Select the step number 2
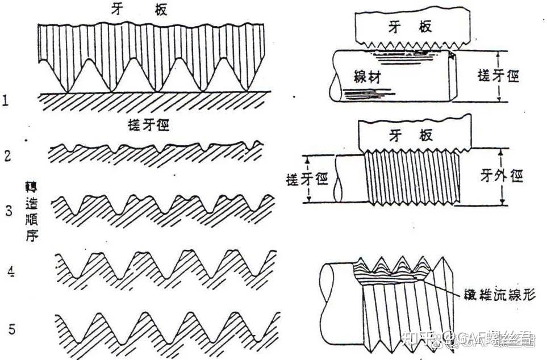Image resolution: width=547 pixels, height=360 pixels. [x=7, y=156]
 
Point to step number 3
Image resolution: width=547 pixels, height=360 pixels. [x=9, y=211]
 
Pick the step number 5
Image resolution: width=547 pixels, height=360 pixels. [x=12, y=328]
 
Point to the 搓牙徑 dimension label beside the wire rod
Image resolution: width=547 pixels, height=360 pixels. [x=499, y=76]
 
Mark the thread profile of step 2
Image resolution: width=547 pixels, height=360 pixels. [x=156, y=152]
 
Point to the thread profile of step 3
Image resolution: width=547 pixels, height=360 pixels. [x=162, y=209]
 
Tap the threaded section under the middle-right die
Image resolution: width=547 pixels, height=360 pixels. [x=411, y=176]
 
